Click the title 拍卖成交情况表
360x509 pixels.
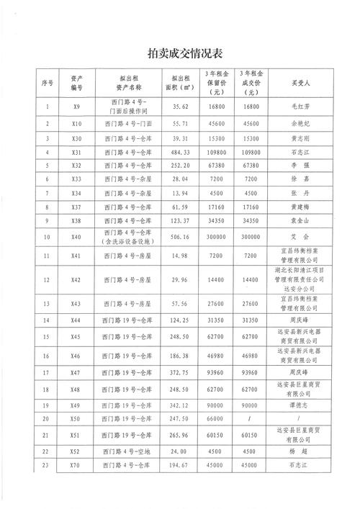pos(185,53)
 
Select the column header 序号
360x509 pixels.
pos(48,83)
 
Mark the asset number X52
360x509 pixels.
pos(78,471)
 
